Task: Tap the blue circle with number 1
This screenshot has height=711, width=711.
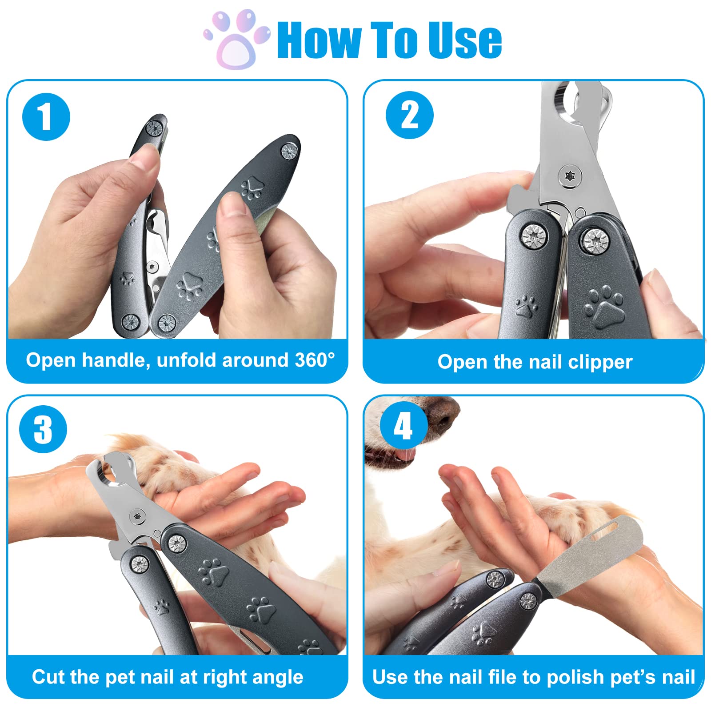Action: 46,117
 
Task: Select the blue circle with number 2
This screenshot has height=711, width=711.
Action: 409,115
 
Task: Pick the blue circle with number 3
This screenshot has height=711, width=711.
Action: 43,429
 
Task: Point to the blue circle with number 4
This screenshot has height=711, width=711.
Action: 403,426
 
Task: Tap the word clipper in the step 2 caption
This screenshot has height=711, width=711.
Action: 600,362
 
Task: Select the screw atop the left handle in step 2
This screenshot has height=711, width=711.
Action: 533,236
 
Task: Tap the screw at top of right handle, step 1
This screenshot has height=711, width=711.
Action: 290,152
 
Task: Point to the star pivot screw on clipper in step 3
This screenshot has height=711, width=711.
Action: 137,516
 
